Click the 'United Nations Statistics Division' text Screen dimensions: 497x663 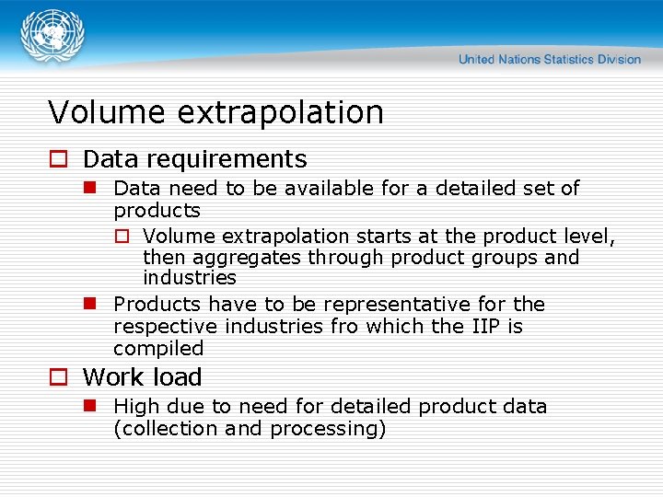coord(549,60)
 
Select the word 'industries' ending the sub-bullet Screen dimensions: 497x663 coord(190,278)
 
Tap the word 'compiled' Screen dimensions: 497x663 coord(158,349)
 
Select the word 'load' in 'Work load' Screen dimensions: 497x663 coord(179,377)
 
